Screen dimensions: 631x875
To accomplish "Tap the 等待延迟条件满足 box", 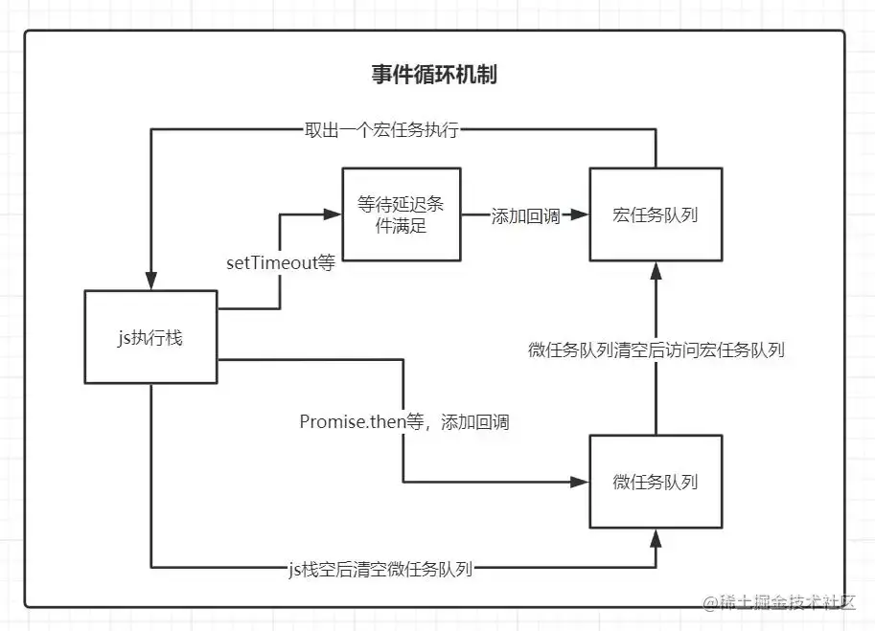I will point(402,214).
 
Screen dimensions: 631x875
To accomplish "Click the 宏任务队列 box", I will point(656,214).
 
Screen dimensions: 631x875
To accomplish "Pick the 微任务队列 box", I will point(656,482).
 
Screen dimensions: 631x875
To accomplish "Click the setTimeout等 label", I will point(280,262).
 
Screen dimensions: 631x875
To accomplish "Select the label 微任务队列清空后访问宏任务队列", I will point(656,349).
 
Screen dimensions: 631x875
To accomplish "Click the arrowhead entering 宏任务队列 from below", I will point(656,269).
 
